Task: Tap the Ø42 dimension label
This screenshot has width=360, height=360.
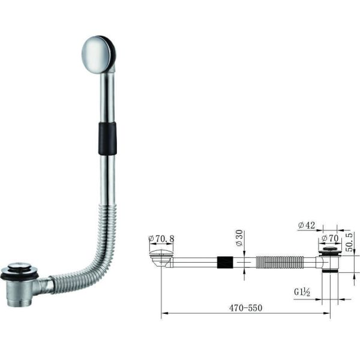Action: point(307,226)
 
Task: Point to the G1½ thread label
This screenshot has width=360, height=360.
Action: point(302,293)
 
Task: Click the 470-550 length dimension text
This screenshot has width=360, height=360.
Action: point(245,307)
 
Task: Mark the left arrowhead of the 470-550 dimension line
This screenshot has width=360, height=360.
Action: point(164,313)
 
